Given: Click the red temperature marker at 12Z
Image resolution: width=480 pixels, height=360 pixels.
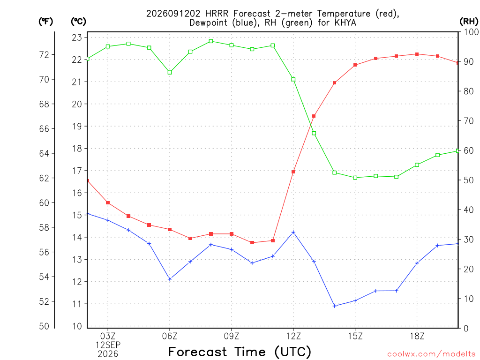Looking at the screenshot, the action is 293,172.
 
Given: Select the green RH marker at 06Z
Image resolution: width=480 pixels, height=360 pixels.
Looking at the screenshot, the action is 170,73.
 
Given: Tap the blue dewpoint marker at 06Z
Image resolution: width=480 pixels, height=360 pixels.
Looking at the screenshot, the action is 170,279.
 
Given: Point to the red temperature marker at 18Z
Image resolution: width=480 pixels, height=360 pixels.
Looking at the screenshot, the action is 417,54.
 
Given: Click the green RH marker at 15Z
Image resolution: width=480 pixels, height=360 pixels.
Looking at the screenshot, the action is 355,178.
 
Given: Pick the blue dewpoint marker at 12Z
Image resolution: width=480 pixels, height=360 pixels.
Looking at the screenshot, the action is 293,232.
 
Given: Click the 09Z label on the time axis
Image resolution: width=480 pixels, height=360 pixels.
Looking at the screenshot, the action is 232,336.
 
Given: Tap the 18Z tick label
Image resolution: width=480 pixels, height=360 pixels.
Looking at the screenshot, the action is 417,336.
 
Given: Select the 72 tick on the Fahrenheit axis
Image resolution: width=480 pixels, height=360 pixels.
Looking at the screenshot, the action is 44,55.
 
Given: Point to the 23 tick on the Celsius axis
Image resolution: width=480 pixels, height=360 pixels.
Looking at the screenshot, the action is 77,37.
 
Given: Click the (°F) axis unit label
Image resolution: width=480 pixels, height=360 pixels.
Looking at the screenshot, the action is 45,22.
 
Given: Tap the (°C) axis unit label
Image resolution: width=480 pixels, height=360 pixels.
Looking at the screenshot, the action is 78,22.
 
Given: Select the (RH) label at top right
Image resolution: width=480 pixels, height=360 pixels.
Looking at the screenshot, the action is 469,22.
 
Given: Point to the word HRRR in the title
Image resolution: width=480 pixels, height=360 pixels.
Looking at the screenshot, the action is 217,14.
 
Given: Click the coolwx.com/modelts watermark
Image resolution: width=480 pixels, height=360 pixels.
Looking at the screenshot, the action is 431,354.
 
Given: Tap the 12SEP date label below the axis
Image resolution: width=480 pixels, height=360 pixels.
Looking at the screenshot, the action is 108,345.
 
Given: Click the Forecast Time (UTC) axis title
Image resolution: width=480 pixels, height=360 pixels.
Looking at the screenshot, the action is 240,352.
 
